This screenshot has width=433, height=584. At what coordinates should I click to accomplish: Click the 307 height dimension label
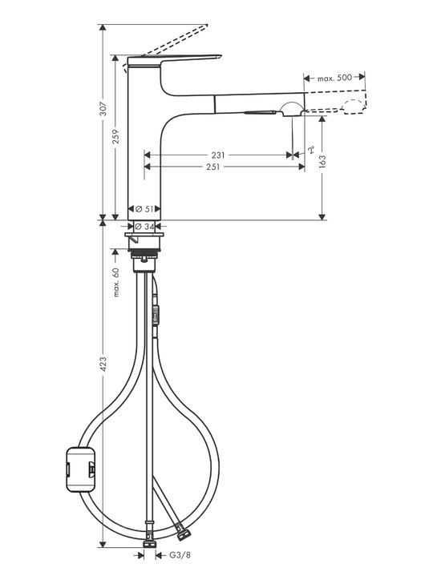pos(103,109)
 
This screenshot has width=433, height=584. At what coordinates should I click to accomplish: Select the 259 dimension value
pos(115,137)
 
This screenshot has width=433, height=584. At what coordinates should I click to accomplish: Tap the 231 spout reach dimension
pos(218,155)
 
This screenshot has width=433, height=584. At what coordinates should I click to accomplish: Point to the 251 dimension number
pos(213,167)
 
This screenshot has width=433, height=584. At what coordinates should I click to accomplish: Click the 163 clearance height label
pos(322,161)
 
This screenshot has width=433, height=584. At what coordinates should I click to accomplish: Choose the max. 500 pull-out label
pos(334,78)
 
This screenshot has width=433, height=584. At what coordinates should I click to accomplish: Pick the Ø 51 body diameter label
pos(144,209)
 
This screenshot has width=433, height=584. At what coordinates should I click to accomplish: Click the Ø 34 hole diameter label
pos(144,226)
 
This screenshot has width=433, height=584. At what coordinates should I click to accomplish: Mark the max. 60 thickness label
pos(116,282)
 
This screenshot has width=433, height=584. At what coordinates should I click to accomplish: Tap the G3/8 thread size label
pos(180,555)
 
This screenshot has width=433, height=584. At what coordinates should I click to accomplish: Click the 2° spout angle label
pos(311,149)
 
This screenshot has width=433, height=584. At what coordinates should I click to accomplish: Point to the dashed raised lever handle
pos(166,47)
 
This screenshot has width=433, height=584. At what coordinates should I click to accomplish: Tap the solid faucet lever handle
pos(175,61)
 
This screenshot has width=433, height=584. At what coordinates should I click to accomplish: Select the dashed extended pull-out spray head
pos(337,101)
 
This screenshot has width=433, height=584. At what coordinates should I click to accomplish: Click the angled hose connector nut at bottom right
pos(184,534)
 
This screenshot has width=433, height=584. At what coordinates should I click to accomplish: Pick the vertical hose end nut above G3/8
pos(149,543)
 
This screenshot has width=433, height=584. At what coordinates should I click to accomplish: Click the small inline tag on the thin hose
pos(156,315)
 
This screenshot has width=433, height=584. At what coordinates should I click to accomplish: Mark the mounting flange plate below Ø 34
pos(144,235)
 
